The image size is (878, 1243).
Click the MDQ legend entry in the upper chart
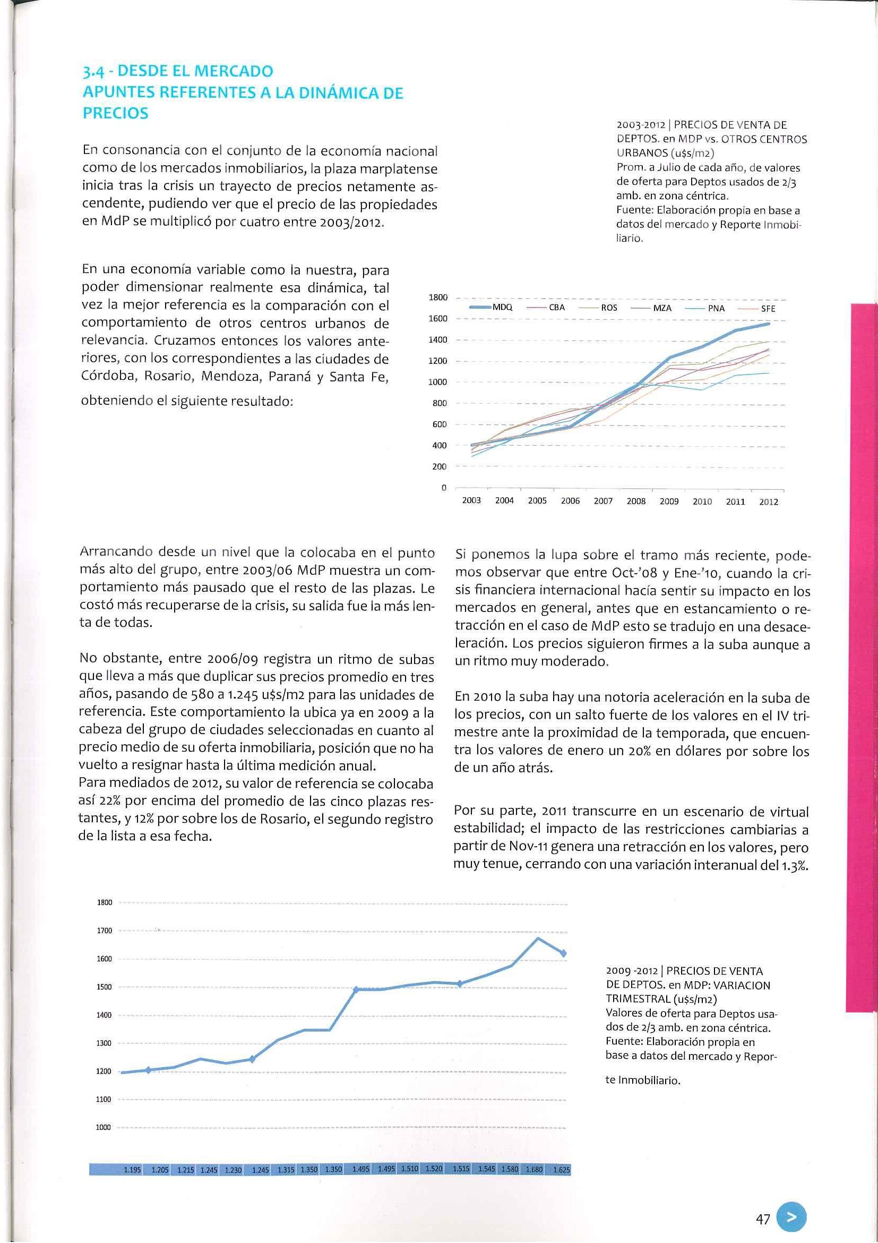point(503,307)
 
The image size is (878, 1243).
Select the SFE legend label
point(768,309)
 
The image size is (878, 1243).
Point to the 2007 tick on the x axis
point(603,501)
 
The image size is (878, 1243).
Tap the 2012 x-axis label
point(768,502)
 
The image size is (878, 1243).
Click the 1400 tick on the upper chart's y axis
point(437,340)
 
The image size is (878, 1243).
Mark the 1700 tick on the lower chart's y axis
point(104,931)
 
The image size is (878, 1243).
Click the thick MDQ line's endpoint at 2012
point(769,323)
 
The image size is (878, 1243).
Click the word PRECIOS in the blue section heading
point(115,114)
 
